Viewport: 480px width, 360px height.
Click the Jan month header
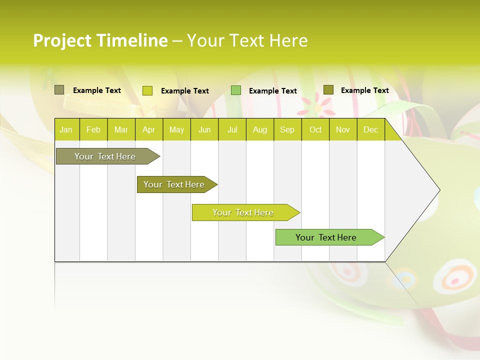(66, 130)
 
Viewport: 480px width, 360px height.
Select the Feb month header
(93, 130)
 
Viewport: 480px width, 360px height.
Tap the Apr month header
(148, 130)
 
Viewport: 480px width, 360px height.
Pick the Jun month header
(204, 130)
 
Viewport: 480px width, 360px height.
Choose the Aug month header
(260, 130)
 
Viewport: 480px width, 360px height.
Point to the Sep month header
(287, 130)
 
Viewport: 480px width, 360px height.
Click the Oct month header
(315, 130)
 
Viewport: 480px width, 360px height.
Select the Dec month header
(371, 130)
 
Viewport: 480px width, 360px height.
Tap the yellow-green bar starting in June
(243, 212)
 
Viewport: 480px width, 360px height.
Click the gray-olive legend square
(59, 90)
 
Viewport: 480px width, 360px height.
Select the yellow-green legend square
(147, 90)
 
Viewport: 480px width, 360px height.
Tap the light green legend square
(236, 90)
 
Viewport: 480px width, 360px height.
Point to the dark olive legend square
(328, 90)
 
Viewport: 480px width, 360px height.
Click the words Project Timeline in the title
(100, 40)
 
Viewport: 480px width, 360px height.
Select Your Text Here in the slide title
(247, 40)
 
